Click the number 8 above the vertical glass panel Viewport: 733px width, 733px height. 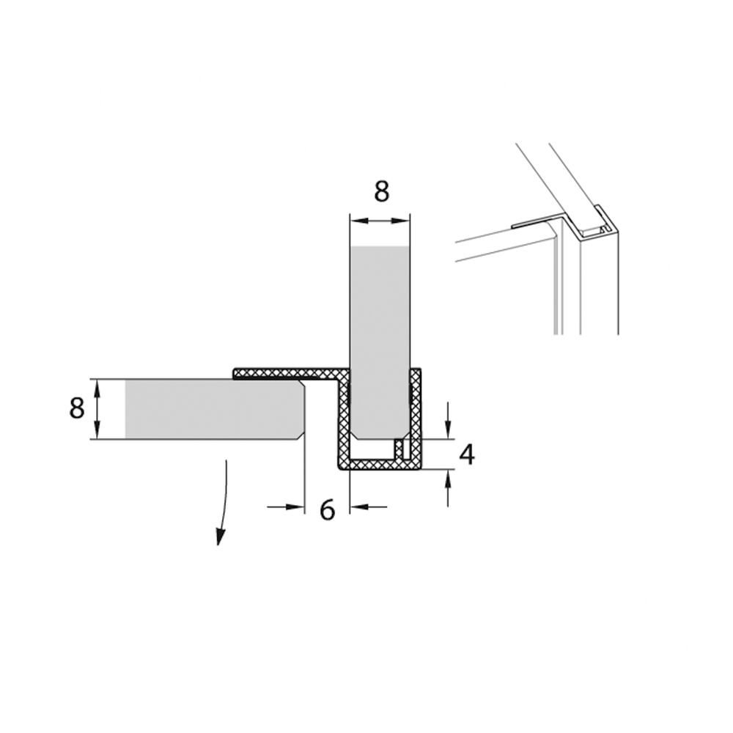pyautogui.click(x=381, y=191)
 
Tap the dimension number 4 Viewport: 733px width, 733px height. pyautogui.click(x=467, y=454)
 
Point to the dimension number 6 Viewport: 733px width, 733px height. pyautogui.click(x=327, y=509)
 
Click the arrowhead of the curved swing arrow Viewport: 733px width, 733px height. pyautogui.click(x=219, y=537)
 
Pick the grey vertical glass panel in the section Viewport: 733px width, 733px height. pyautogui.click(x=380, y=342)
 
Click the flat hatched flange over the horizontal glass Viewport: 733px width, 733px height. pyautogui.click(x=286, y=373)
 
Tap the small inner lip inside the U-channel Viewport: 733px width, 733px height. pyautogui.click(x=399, y=449)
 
